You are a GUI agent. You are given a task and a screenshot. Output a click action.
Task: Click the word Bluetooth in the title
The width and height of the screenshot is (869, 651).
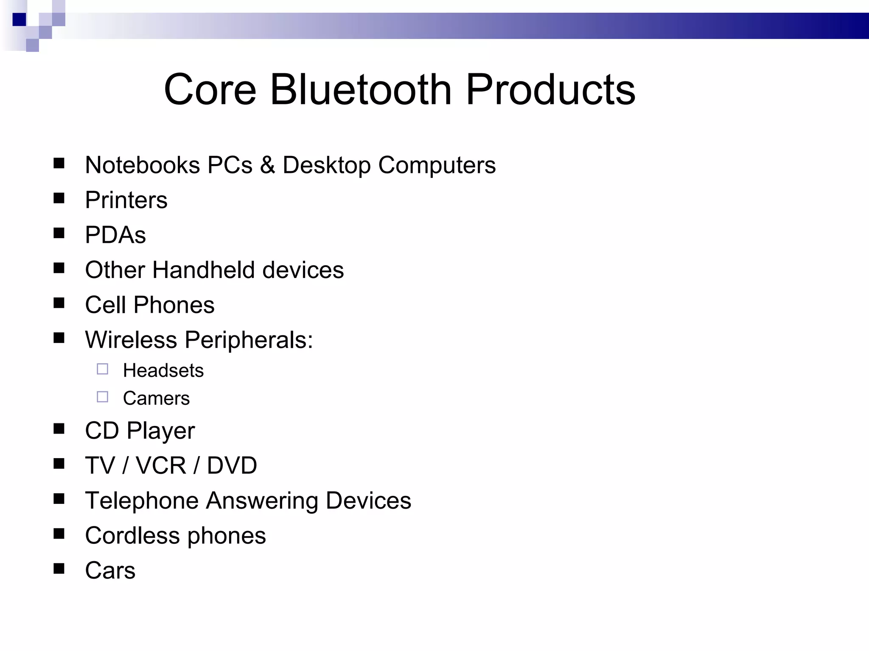[x=361, y=89]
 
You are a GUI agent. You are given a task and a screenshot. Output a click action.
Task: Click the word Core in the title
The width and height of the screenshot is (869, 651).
[x=210, y=89]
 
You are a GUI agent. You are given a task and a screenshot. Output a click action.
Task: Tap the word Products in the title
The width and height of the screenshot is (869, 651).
[x=550, y=89]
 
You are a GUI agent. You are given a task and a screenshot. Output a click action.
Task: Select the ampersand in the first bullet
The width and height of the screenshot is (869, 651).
[x=267, y=165]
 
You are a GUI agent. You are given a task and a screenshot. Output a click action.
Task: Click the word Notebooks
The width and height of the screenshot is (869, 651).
[x=142, y=165]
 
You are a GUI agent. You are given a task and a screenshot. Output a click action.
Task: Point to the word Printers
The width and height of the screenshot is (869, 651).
[x=126, y=200]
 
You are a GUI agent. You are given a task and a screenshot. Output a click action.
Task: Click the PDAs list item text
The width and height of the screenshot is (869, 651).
[x=115, y=235]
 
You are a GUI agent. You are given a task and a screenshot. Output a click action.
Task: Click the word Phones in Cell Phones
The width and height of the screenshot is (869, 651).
[x=174, y=305]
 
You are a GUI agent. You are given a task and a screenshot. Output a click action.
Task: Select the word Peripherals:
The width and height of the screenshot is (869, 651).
[x=249, y=340]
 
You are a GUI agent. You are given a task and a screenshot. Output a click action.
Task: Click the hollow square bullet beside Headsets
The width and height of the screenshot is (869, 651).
[x=102, y=369]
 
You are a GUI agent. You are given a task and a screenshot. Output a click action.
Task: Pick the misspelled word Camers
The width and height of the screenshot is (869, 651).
[x=156, y=398]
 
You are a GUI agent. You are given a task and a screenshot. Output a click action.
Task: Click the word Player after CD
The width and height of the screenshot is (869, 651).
[x=161, y=431]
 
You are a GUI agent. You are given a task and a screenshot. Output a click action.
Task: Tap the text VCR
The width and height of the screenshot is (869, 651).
[x=161, y=465]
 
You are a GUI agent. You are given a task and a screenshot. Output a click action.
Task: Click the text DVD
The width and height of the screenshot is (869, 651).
[x=232, y=465]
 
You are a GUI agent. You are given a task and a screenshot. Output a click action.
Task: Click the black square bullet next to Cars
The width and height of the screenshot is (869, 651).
[x=59, y=568]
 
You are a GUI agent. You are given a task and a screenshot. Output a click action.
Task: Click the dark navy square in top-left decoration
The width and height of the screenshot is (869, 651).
[x=19, y=19]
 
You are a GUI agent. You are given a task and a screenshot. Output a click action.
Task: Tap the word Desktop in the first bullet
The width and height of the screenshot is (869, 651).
[x=326, y=165]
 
